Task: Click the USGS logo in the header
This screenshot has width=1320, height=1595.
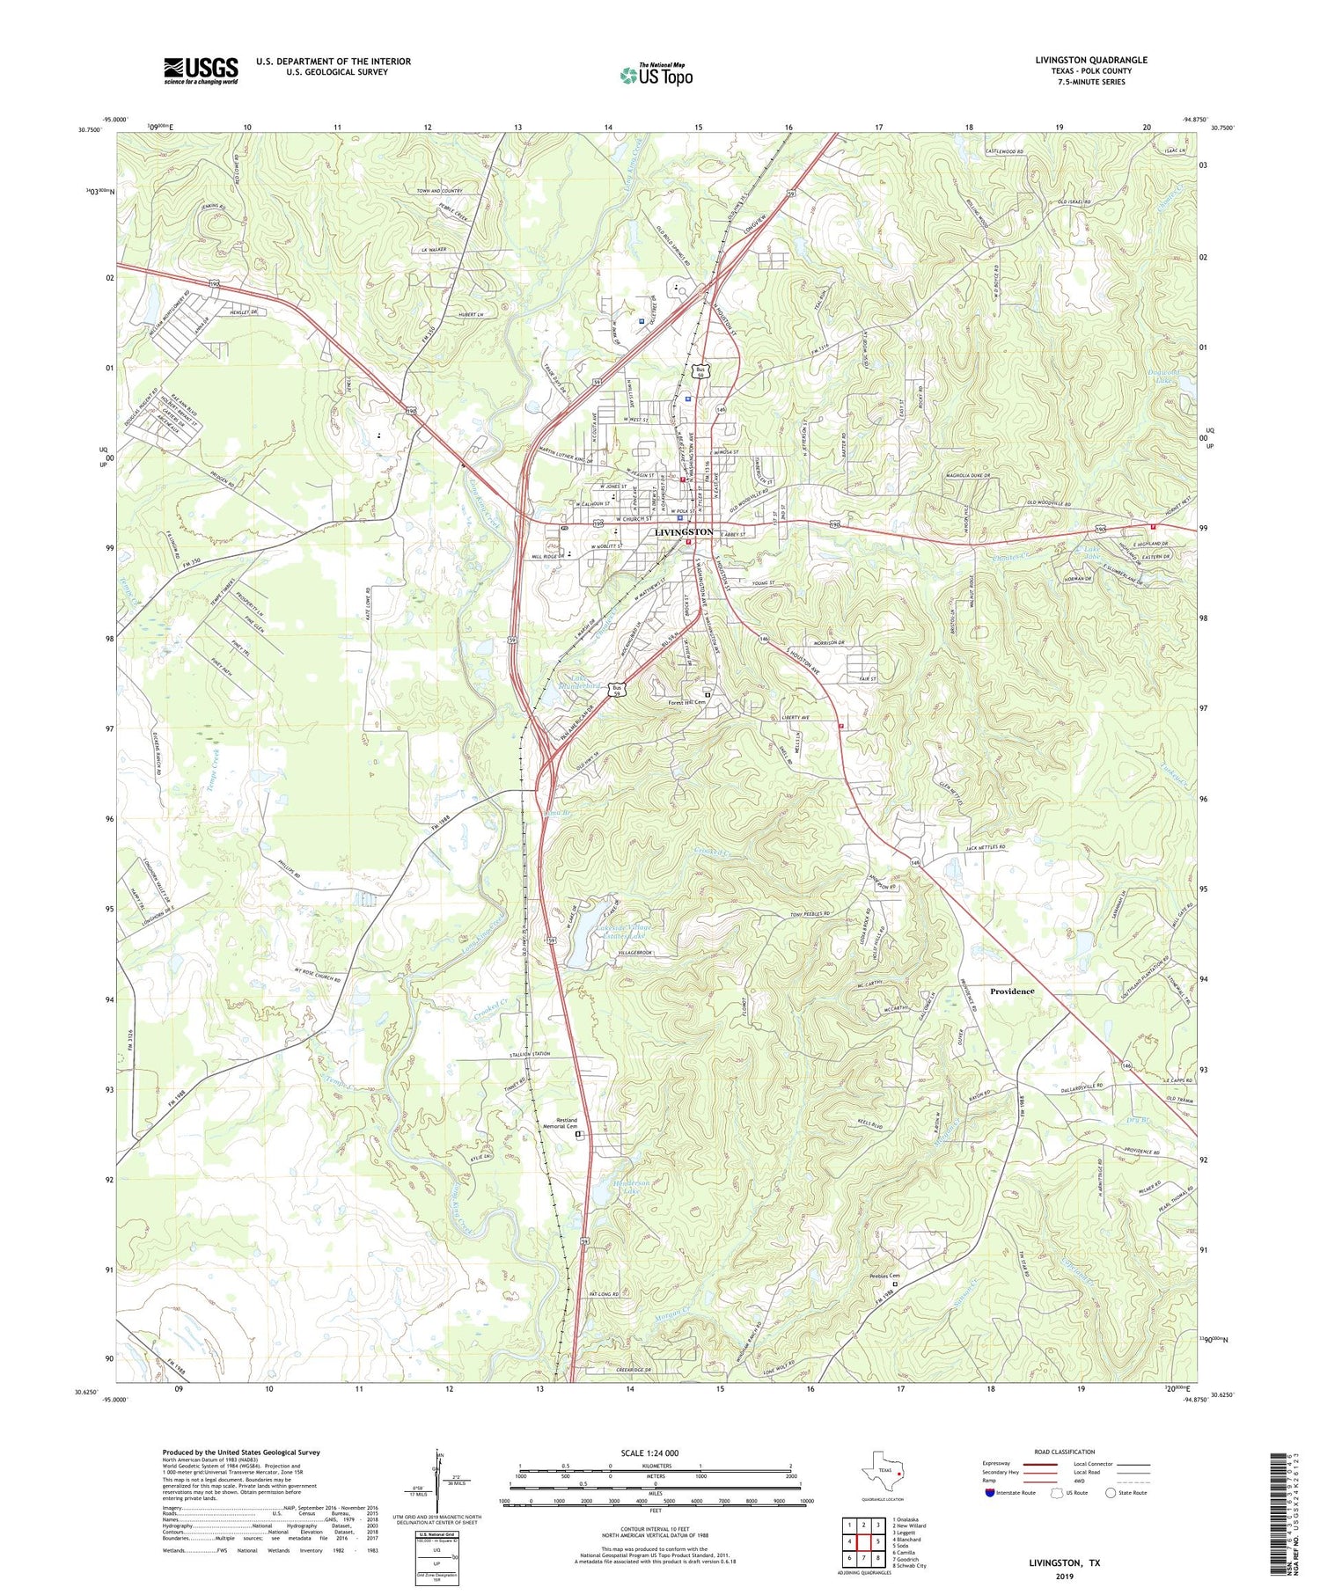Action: [201, 70]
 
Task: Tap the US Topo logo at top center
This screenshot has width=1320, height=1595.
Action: [656, 76]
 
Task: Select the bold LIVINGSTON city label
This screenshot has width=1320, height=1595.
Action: [684, 532]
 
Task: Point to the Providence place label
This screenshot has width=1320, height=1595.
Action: [1011, 991]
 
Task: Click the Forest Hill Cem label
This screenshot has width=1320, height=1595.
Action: [687, 702]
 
